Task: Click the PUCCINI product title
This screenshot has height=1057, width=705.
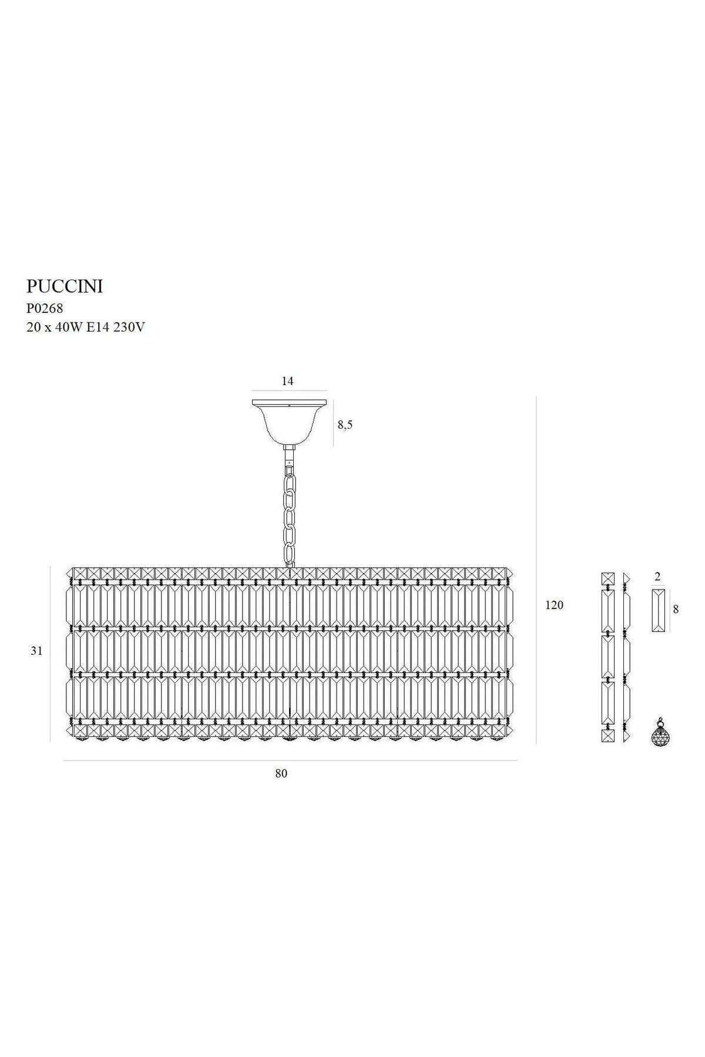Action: (x=65, y=287)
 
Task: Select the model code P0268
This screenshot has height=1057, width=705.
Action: (x=45, y=308)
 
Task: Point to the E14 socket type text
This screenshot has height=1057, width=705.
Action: (x=97, y=328)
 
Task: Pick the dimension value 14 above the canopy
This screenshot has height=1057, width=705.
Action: (x=287, y=381)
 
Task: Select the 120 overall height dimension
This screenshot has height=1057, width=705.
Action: (x=554, y=605)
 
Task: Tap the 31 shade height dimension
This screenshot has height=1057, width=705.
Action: (x=37, y=651)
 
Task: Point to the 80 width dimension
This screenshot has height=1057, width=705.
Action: (x=281, y=773)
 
